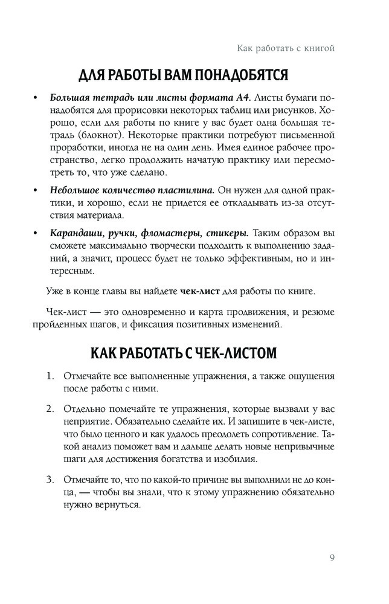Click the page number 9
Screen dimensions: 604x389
(333, 556)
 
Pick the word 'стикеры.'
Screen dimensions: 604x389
(227, 233)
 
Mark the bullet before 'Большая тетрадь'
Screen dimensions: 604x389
(36, 98)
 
